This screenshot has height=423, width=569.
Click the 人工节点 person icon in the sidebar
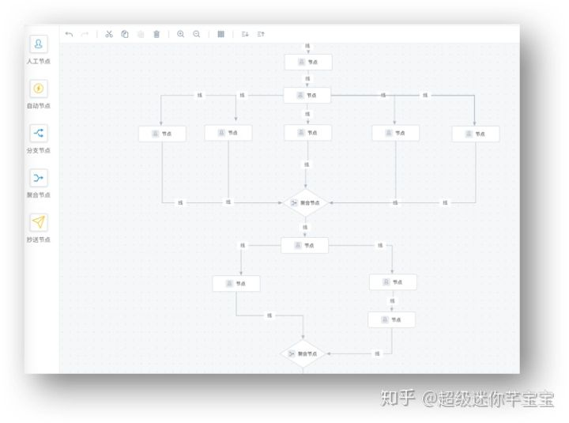[39, 43]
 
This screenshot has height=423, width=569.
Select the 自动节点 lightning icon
[39, 89]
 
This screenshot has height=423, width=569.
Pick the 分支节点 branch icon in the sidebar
[39, 133]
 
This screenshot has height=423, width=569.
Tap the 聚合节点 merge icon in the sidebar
[39, 178]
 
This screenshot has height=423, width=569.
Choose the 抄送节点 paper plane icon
[39, 222]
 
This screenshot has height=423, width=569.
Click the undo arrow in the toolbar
[69, 34]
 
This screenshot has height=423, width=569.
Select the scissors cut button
[109, 34]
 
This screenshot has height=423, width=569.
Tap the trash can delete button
[156, 34]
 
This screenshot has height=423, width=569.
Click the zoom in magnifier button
[181, 34]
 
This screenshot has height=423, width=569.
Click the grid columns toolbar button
[220, 34]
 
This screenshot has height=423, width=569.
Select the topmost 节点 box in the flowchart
[308, 62]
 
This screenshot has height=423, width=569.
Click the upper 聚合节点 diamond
[306, 203]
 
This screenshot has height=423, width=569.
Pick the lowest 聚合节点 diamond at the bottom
[303, 354]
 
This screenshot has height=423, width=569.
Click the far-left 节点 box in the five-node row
[162, 134]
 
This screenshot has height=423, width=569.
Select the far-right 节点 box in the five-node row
[475, 134]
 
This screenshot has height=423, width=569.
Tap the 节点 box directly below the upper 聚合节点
[305, 245]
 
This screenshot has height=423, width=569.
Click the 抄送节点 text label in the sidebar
[39, 240]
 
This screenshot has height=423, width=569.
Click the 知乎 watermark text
[398, 398]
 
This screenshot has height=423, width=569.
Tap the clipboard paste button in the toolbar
[125, 34]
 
